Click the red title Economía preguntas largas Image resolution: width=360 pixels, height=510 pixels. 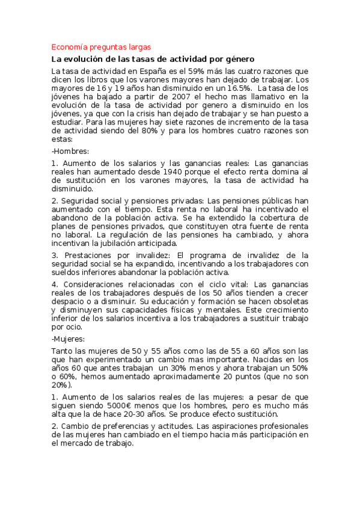pyautogui.click(x=101, y=47)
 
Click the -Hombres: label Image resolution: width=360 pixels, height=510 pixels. pyautogui.click(x=70, y=150)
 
